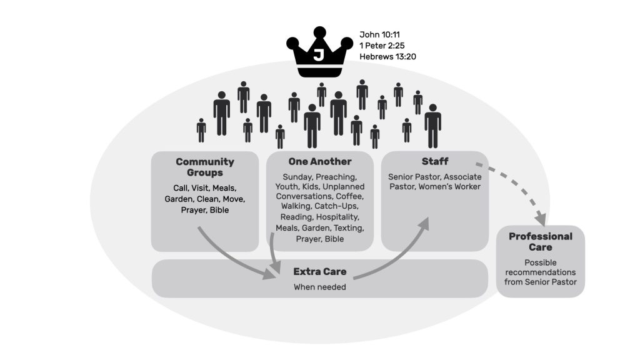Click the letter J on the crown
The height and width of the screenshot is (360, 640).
coord(319,56)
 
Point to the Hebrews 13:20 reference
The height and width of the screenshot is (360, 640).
coord(387,57)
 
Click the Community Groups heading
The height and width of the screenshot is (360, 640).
coord(205,167)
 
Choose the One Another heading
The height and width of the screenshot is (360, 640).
coord(319,162)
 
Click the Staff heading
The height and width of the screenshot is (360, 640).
coord(435,162)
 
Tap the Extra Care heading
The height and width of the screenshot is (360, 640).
coord(319,272)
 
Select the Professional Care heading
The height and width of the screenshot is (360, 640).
coord(541,242)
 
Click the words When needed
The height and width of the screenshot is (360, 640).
coord(319,287)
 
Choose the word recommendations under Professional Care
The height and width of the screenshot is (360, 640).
coord(541,272)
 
